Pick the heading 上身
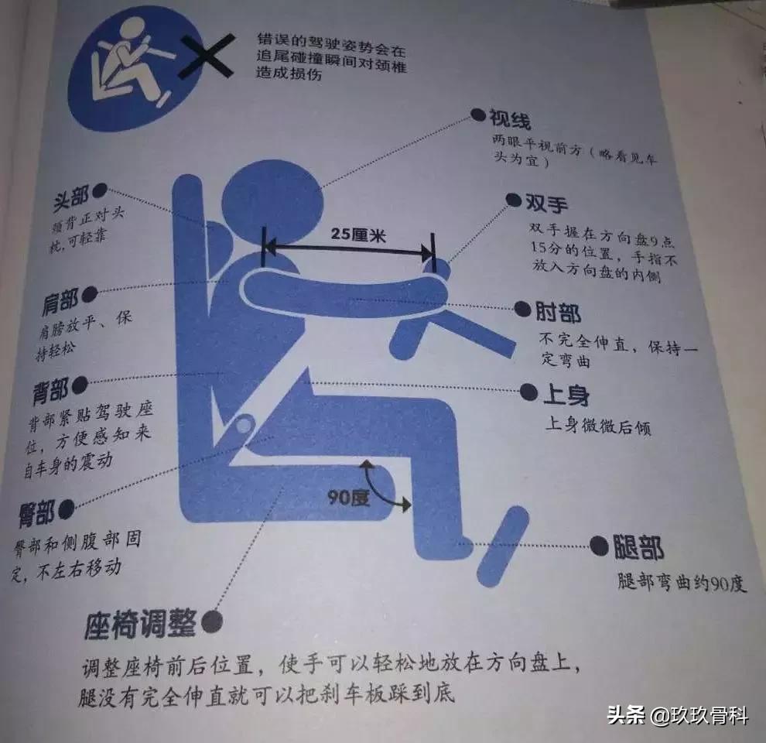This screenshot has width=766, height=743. coord(566,394)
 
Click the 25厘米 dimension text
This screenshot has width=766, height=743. coord(352,233)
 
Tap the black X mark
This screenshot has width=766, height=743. coord(205,52)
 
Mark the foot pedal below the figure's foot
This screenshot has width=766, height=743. coord(503,546)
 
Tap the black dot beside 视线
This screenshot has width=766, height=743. coord(477,116)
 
